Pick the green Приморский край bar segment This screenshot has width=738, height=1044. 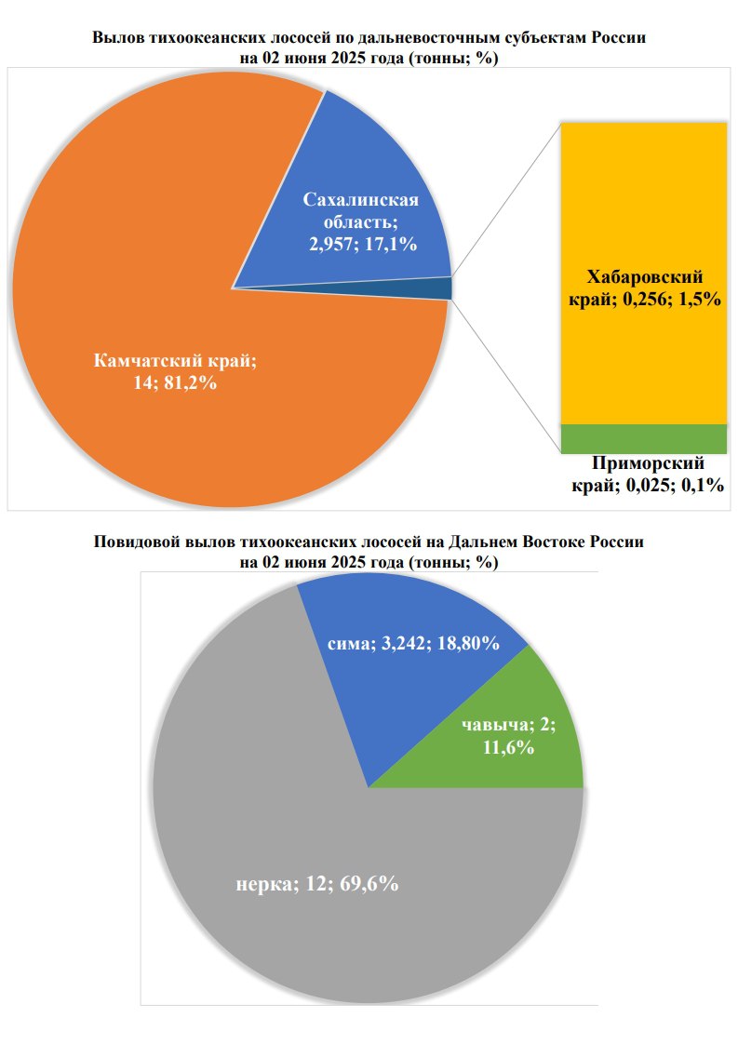[643, 438]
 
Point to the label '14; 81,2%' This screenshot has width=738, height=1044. [176, 382]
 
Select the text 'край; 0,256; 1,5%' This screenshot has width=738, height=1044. [645, 300]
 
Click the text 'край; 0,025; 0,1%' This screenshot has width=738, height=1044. [647, 485]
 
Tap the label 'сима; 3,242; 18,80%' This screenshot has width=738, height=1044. [414, 643]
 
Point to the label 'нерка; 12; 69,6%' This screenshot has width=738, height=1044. [317, 884]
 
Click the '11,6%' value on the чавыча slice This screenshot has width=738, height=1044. [508, 747]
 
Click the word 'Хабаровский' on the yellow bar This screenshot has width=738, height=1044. [644, 278]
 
